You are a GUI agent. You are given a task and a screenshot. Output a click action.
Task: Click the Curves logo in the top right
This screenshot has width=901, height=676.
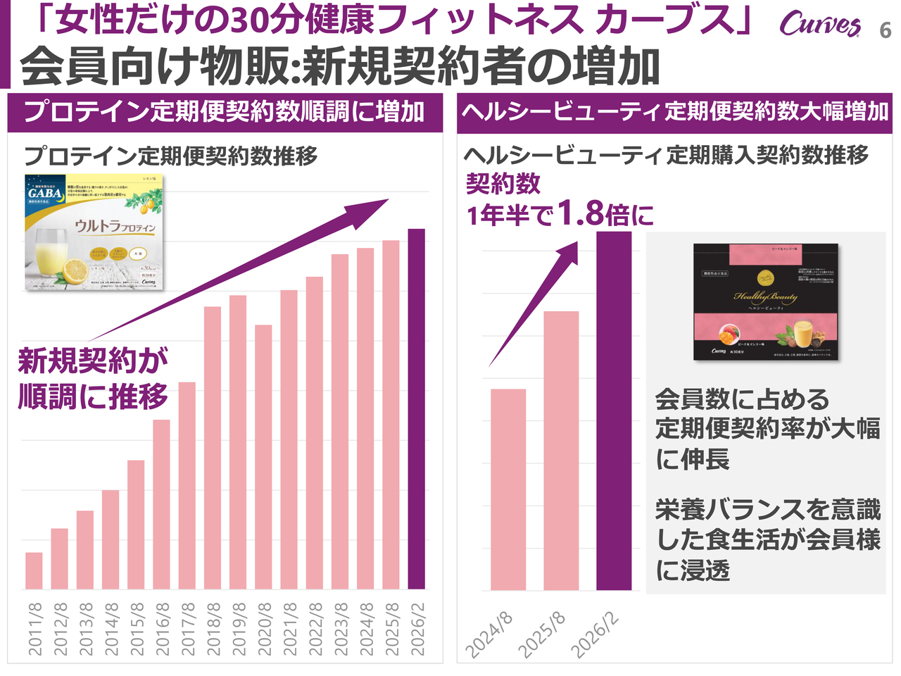click(819, 25)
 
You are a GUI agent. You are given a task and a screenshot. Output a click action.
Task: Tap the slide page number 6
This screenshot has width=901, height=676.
click(886, 31)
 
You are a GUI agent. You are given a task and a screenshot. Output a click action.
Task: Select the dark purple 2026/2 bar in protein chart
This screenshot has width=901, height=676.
click(417, 408)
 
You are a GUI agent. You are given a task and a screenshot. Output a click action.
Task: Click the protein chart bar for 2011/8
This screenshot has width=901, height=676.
click(34, 570)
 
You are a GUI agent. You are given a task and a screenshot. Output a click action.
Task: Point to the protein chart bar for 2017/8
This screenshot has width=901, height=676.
click(187, 485)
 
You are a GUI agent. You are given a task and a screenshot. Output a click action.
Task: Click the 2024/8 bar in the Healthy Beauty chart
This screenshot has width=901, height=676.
click(508, 489)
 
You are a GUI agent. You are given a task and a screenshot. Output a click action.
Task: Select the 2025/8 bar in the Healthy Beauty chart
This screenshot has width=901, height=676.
click(561, 451)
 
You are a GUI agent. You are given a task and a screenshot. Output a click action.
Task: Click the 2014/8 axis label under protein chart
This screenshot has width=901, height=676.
click(111, 629)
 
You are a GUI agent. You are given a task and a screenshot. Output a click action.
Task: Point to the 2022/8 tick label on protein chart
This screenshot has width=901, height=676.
click(315, 629)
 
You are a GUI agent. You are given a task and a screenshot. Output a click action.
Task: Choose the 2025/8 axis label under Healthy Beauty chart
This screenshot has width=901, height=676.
click(543, 634)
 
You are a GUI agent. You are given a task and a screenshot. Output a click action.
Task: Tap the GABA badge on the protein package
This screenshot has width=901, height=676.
click(45, 193)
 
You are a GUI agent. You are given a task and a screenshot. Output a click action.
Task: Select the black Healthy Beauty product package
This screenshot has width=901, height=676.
click(766, 301)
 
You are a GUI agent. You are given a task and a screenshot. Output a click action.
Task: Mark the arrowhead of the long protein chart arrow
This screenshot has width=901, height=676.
click(376, 206)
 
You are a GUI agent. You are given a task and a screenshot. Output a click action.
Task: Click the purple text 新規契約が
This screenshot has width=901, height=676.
click(93, 361)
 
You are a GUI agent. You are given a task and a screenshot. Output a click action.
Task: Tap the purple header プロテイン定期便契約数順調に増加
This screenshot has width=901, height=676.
click(225, 112)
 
